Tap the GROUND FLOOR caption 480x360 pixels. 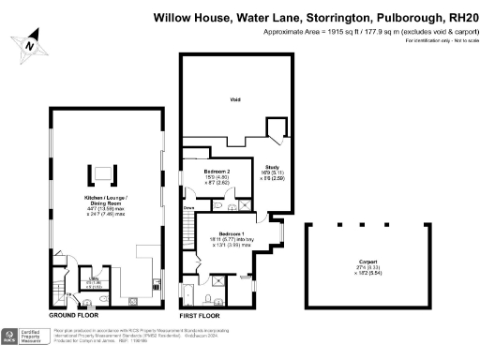76,316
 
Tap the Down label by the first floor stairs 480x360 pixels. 188,208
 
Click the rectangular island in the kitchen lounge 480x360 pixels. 97,173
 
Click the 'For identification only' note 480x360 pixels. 437,43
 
